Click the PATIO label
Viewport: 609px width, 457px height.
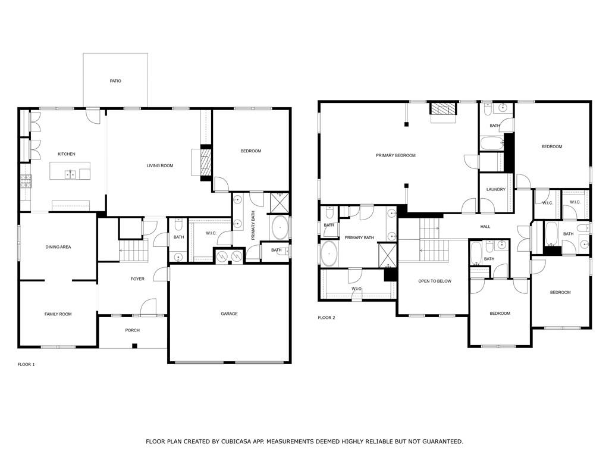pos(115,81)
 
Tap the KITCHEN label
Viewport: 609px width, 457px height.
pos(67,154)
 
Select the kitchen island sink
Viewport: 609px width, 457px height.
pos(70,174)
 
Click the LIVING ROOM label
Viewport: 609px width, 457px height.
pos(159,165)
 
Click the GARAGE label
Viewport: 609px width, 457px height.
pos(229,314)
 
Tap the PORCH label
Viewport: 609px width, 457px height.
pos(133,330)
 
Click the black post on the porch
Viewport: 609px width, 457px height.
pos(134,346)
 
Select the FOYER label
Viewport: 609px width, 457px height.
pos(137,279)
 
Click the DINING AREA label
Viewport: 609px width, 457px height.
pos(58,247)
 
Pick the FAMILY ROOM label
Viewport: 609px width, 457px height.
pos(58,314)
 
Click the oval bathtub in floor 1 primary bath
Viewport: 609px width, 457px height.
pos(280,228)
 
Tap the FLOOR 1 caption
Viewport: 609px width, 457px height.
pos(26,365)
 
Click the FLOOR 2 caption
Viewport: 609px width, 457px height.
pos(327,318)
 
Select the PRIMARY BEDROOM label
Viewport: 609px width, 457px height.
pos(395,155)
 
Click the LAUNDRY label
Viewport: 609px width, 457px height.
pos(496,189)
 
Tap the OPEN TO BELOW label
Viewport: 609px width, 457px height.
pos(435,281)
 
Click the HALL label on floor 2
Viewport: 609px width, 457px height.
pos(485,227)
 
